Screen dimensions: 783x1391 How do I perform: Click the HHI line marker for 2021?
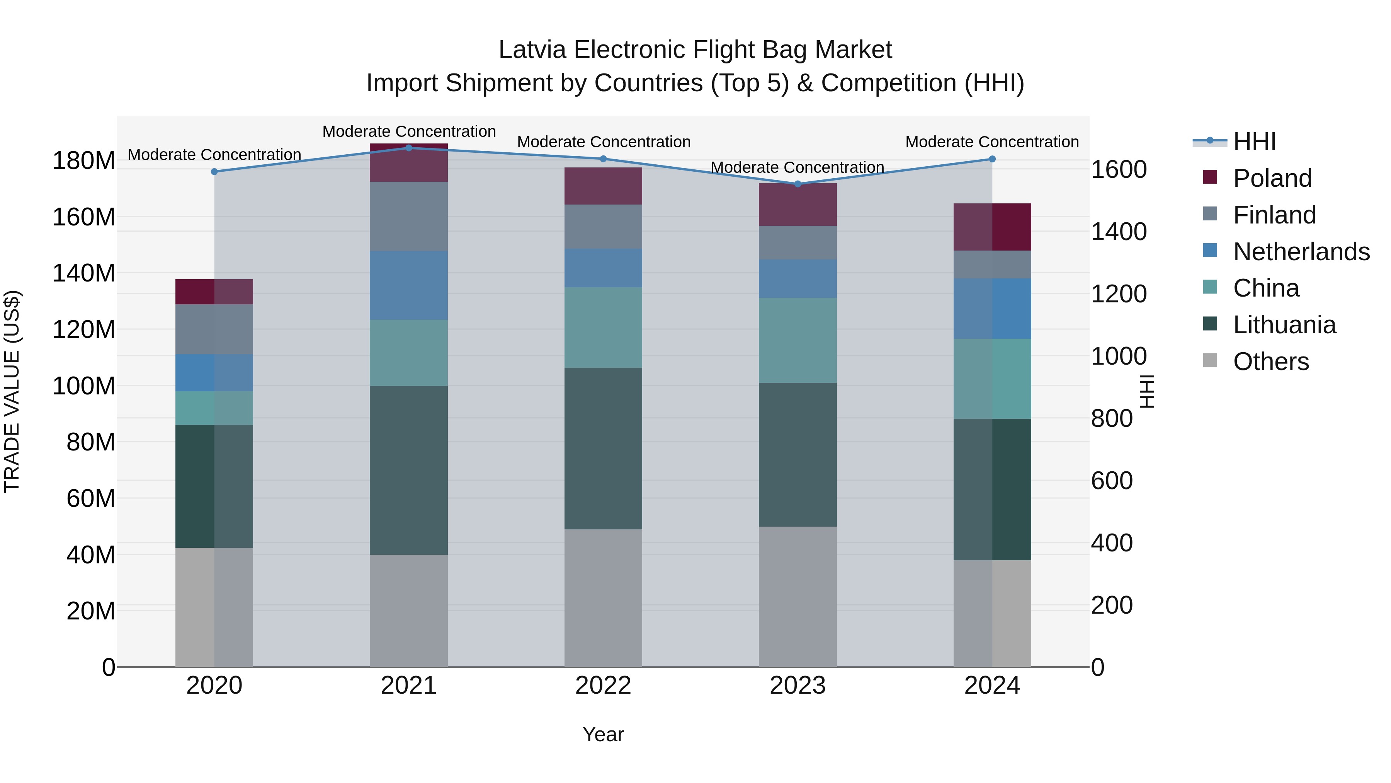pyautogui.click(x=409, y=148)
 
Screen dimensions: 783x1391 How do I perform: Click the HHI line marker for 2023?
pyautogui.click(x=798, y=184)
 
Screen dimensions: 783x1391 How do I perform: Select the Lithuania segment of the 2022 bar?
pyautogui.click(x=603, y=449)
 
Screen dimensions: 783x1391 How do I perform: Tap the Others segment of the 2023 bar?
pyautogui.click(x=798, y=597)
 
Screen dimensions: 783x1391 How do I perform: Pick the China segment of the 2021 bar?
pyautogui.click(x=409, y=353)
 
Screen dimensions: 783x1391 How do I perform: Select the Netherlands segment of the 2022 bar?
pyautogui.click(x=603, y=268)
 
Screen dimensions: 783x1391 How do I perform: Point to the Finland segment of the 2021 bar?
pyautogui.click(x=409, y=216)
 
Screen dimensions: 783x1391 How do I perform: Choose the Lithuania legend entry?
pyautogui.click(x=1284, y=325)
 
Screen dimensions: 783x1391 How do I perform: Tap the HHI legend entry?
pyautogui.click(x=1254, y=142)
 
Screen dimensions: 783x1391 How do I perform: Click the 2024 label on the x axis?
pyautogui.click(x=992, y=686)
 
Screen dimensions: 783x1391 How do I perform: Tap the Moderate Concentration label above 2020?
pyautogui.click(x=214, y=155)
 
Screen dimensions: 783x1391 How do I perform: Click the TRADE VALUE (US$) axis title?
pyautogui.click(x=12, y=391)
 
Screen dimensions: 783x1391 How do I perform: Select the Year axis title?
pyautogui.click(x=603, y=734)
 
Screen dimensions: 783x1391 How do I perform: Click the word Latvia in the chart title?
pyautogui.click(x=532, y=50)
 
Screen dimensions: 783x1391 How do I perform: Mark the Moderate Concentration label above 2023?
pyautogui.click(x=798, y=167)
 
